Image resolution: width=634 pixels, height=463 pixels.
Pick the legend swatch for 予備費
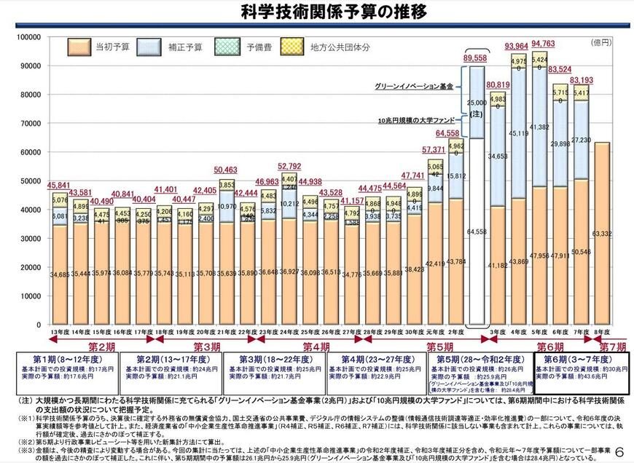tap(229, 47)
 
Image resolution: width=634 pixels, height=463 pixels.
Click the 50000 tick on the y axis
tap(30, 181)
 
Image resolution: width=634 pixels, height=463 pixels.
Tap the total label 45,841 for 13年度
tap(59, 185)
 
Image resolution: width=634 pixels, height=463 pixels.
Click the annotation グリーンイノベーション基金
tap(414, 86)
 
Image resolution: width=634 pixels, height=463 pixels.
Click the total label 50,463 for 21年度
tap(225, 170)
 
